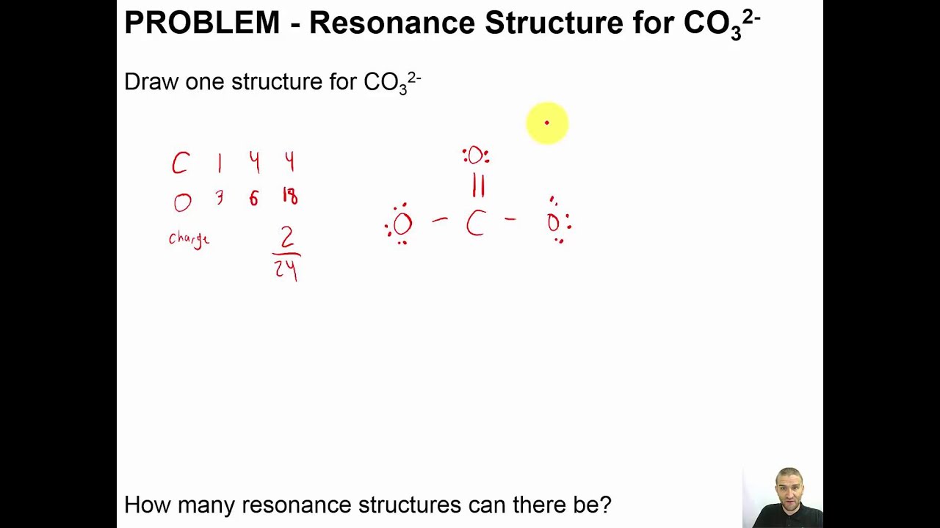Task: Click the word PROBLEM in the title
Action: pyautogui.click(x=202, y=23)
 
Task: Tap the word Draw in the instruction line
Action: pyautogui.click(x=151, y=81)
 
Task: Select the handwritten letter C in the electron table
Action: pyautogui.click(x=180, y=164)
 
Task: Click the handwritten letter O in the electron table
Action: pyautogui.click(x=182, y=202)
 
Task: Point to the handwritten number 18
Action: pyautogui.click(x=290, y=197)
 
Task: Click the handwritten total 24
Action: pyautogui.click(x=286, y=269)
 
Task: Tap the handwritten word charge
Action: pyautogui.click(x=189, y=239)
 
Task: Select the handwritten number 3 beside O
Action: pyautogui.click(x=219, y=197)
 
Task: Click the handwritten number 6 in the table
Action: pyautogui.click(x=253, y=197)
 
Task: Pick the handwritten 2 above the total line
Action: pyautogui.click(x=286, y=237)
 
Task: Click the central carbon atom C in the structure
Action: pyautogui.click(x=475, y=224)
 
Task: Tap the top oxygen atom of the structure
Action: pyautogui.click(x=476, y=155)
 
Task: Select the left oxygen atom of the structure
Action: pyautogui.click(x=402, y=224)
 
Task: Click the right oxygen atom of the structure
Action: pyautogui.click(x=554, y=223)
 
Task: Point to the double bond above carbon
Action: pyautogui.click(x=478, y=186)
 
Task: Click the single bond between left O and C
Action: pyautogui.click(x=440, y=219)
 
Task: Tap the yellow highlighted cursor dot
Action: pyautogui.click(x=547, y=123)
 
